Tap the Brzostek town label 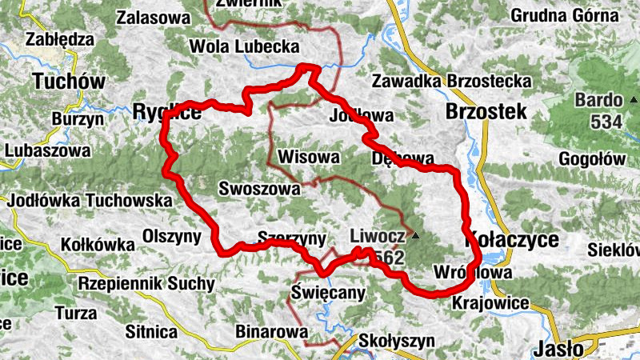(x=486, y=111)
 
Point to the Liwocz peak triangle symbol (x=415, y=236)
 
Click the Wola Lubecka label (x=244, y=47)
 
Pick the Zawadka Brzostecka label (x=452, y=81)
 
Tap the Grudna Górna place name (x=564, y=15)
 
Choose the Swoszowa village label (x=259, y=189)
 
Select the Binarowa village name (x=272, y=330)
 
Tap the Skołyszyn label (x=397, y=340)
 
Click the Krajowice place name (x=490, y=303)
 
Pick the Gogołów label (x=592, y=158)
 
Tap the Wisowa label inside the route (x=310, y=157)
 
